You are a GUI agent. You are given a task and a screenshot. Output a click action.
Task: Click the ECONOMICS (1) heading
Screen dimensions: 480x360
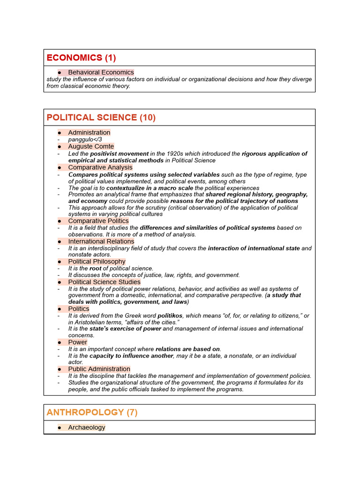pyautogui.click(x=81, y=58)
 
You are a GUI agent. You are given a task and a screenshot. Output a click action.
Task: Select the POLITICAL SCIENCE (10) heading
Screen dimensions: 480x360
pyautogui.click(x=101, y=118)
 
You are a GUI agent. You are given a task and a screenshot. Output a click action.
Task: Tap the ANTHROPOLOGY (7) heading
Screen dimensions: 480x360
pyautogui.click(x=92, y=412)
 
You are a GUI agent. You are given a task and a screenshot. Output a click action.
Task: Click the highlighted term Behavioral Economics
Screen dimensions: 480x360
pyautogui.click(x=101, y=72)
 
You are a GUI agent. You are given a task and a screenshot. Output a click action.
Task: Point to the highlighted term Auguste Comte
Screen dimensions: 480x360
pyautogui.click(x=90, y=147)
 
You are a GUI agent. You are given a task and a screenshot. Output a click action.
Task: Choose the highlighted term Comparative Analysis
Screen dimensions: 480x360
pyautogui.click(x=100, y=167)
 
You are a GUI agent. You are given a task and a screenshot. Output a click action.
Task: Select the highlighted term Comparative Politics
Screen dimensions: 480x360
pyautogui.click(x=98, y=221)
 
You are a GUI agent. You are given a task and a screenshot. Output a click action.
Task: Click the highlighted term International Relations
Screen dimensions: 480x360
pyautogui.click(x=101, y=241)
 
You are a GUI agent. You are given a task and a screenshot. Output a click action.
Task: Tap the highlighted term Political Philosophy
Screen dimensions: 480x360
pyautogui.click(x=97, y=262)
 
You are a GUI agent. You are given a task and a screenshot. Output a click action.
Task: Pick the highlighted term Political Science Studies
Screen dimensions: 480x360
pyautogui.click(x=104, y=282)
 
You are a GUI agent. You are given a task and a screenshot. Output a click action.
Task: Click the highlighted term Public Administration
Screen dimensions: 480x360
pyautogui.click(x=99, y=369)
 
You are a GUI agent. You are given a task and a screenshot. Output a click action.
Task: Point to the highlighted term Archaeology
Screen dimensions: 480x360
pyautogui.click(x=87, y=427)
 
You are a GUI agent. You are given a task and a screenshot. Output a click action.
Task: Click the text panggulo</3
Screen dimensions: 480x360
pyautogui.click(x=85, y=140)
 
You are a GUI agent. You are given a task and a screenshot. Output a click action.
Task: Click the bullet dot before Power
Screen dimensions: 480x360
pyautogui.click(x=60, y=342)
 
